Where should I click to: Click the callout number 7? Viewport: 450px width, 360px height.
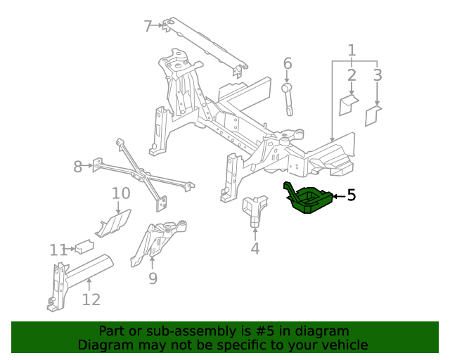(x=148, y=27)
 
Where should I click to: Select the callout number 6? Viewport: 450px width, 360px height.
(x=287, y=64)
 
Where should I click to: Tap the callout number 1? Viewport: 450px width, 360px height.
(x=352, y=50)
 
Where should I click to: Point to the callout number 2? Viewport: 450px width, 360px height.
(x=352, y=75)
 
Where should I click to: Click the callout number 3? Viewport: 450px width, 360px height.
(x=378, y=75)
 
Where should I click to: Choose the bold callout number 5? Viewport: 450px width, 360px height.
(x=352, y=195)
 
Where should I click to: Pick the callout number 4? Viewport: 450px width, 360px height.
(x=255, y=248)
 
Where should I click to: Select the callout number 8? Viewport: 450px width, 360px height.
(x=77, y=167)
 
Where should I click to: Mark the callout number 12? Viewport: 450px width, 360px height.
(x=91, y=300)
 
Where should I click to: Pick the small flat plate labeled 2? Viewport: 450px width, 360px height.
(x=349, y=105)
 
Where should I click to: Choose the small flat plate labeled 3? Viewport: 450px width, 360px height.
(x=373, y=115)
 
